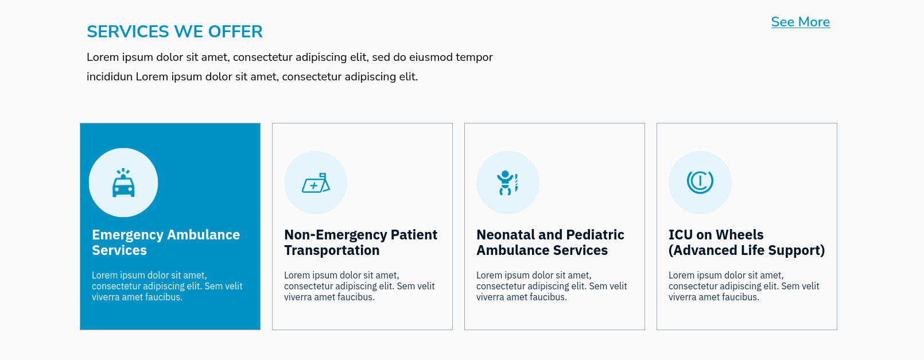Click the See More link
pyautogui.click(x=800, y=22)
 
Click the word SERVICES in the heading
pyautogui.click(x=128, y=32)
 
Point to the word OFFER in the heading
pyautogui.click(x=235, y=32)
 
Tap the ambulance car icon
pyautogui.click(x=123, y=183)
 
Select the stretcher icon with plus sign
pyautogui.click(x=316, y=183)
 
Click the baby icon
pyautogui.click(x=507, y=183)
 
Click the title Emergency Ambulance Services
pyautogui.click(x=166, y=242)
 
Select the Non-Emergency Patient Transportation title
pyautogui.click(x=360, y=242)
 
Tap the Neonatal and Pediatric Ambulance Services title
pyautogui.click(x=550, y=242)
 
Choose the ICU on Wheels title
pyautogui.click(x=747, y=242)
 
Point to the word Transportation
pyautogui.click(x=332, y=250)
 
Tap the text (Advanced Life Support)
pyautogui.click(x=747, y=250)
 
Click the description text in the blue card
pyautogui.click(x=167, y=286)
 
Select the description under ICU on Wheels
pyautogui.click(x=744, y=286)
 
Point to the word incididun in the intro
pyautogui.click(x=109, y=77)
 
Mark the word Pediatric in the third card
pyautogui.click(x=595, y=234)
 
